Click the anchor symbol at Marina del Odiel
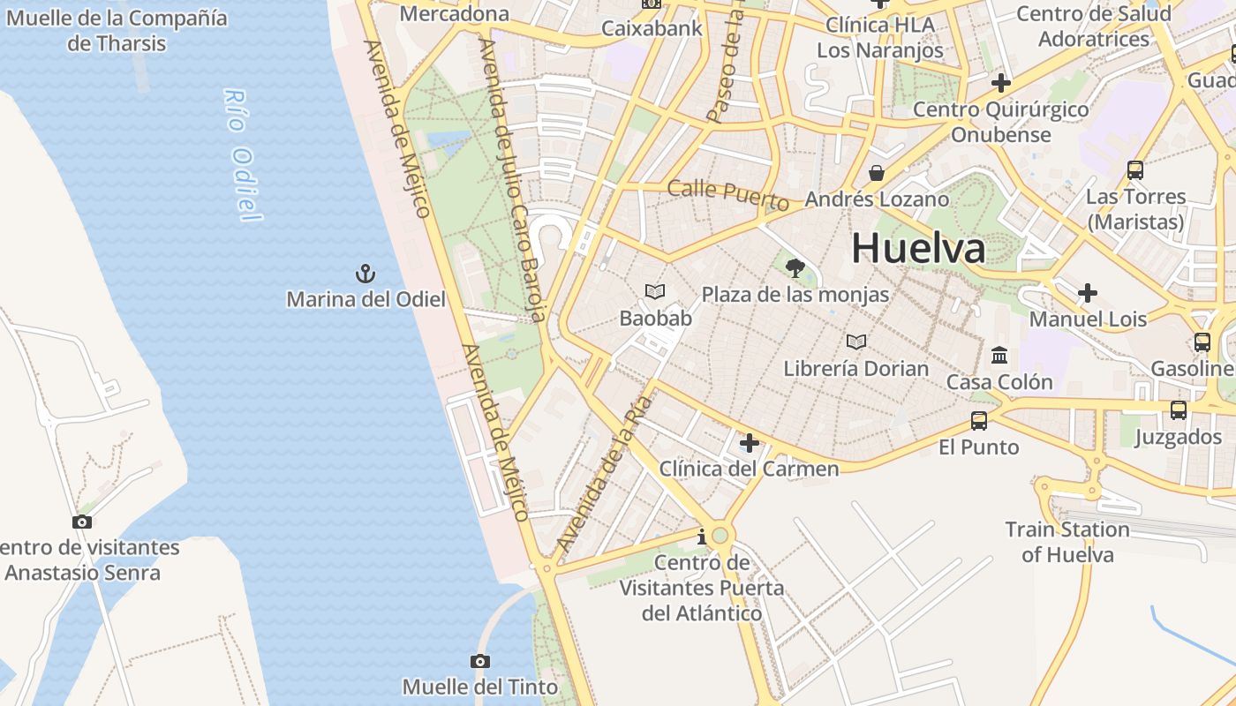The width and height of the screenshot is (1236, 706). [x=366, y=274]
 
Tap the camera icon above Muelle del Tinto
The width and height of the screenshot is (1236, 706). [x=480, y=661]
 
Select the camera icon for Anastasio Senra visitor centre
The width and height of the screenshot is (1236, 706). [x=82, y=522]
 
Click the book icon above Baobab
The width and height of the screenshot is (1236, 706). [x=655, y=291]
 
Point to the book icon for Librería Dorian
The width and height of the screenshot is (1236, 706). [x=855, y=342]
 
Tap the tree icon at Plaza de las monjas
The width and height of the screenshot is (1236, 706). [x=795, y=267]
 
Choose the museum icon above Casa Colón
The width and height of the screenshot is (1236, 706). [x=999, y=355]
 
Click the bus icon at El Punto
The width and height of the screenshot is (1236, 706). [x=978, y=420]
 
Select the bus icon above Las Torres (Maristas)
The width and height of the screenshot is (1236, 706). [x=1135, y=169]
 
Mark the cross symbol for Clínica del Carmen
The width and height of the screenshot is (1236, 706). [x=749, y=442]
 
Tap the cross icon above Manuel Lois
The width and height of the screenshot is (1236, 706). [x=1088, y=293]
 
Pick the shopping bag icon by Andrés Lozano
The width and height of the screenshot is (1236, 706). [x=877, y=173]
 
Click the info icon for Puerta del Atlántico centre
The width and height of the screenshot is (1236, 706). [x=702, y=537]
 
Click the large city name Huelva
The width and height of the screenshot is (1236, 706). [x=918, y=248]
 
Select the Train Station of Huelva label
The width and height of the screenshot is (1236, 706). [x=1067, y=542]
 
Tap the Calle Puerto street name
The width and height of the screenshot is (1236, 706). [x=728, y=193]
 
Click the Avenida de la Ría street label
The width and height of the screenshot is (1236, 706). [x=605, y=476]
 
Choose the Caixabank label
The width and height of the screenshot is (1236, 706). [x=652, y=27]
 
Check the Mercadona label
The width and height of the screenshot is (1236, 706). [x=455, y=13]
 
